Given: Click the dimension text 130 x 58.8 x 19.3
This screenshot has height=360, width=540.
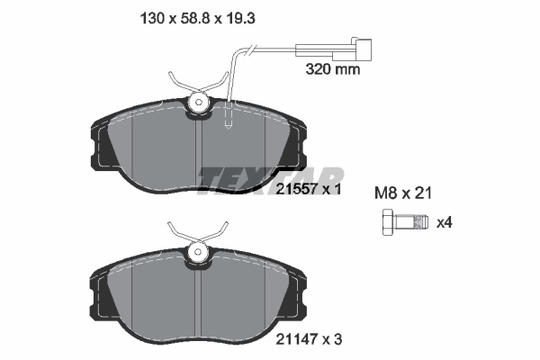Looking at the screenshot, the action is click(x=197, y=19).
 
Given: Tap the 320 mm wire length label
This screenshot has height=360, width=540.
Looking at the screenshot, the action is click(x=333, y=69).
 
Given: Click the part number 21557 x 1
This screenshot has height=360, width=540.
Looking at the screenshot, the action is click(x=309, y=189).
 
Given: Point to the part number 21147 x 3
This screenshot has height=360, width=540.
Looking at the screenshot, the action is click(x=309, y=339).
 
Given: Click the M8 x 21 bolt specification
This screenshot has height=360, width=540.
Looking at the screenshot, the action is click(x=403, y=193).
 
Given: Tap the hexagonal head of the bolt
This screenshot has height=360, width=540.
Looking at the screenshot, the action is click(x=389, y=222).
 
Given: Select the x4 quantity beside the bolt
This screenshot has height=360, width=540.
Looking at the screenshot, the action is click(x=445, y=222).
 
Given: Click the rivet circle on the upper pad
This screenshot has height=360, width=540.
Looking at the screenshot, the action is click(x=198, y=103).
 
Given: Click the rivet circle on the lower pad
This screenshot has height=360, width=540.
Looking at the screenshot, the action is click(x=198, y=252).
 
